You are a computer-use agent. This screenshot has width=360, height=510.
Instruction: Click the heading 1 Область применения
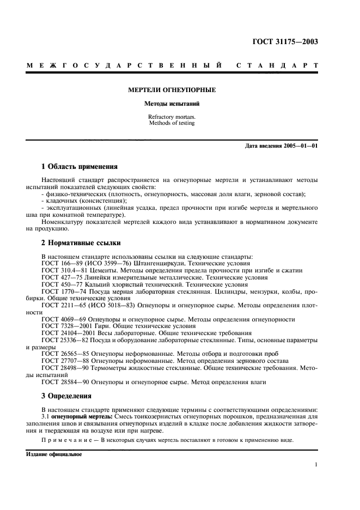click(x=80, y=167)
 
